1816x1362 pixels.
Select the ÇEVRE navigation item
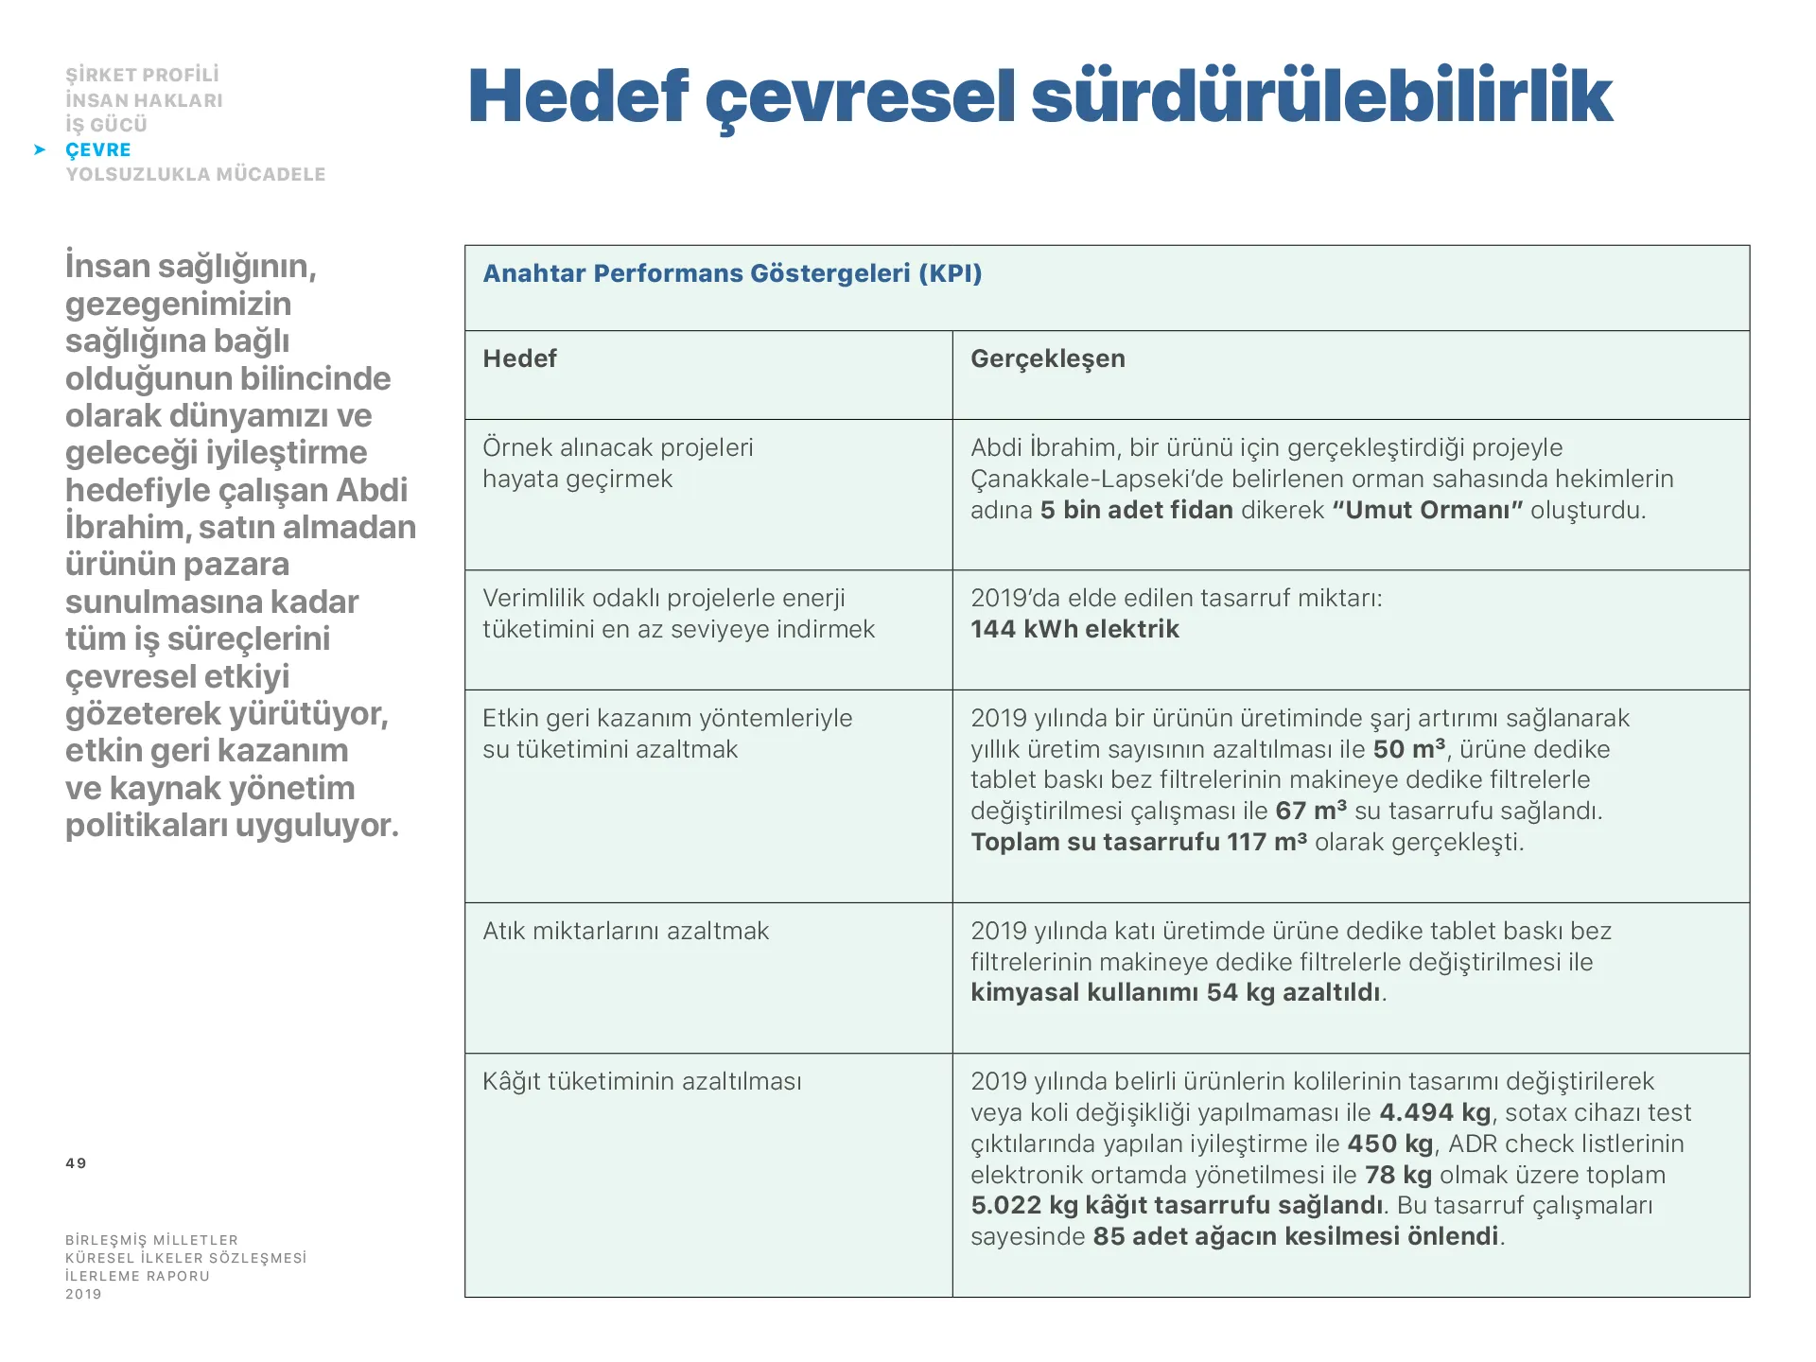(x=98, y=149)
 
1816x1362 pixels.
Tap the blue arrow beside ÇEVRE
(x=40, y=149)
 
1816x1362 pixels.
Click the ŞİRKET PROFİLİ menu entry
(x=142, y=75)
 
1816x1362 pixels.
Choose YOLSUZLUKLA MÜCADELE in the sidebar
(x=195, y=174)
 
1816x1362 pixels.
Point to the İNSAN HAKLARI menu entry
(x=144, y=100)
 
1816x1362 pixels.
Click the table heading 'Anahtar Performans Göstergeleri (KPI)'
(x=732, y=273)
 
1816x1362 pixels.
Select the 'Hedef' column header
(x=519, y=358)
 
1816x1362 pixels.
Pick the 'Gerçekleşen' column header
(x=1047, y=358)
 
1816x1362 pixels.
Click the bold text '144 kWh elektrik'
(x=1074, y=629)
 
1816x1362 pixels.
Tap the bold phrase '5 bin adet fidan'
(x=1136, y=510)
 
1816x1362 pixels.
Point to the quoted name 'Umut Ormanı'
(x=1427, y=510)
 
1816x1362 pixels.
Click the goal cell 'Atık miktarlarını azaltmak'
(x=625, y=931)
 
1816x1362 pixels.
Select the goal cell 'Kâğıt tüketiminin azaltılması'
(x=641, y=1081)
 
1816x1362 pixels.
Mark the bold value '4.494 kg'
(x=1434, y=1112)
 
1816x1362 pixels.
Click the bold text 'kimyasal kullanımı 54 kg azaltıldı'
(x=1176, y=992)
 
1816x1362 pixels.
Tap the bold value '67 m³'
(x=1310, y=811)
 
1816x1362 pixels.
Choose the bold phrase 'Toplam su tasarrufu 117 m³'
(x=1139, y=842)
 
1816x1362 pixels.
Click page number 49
(x=76, y=1163)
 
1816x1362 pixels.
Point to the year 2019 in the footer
(x=83, y=1294)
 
